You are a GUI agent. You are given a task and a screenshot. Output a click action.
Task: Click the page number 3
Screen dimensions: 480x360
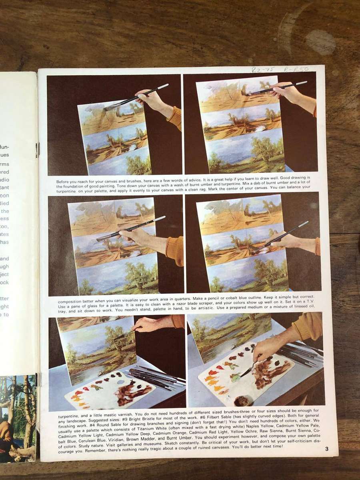(327, 449)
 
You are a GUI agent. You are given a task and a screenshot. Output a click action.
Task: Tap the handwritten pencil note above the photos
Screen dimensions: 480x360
(280, 69)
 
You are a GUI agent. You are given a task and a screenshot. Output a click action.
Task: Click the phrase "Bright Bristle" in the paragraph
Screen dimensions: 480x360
(145, 416)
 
